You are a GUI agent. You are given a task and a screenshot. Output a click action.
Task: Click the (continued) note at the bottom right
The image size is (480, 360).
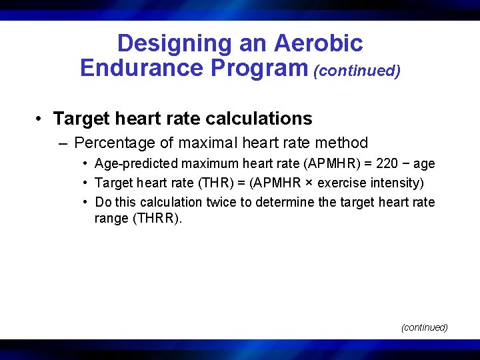pos(424,327)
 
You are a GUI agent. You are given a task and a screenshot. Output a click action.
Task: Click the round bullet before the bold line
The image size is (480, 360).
pos(41,119)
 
